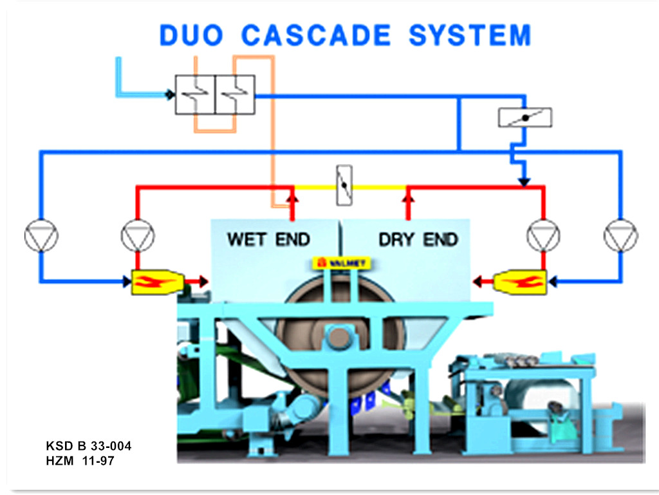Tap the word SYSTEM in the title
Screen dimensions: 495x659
470,35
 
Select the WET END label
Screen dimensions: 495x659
268,240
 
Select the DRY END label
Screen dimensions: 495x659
418,240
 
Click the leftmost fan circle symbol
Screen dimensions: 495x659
41,236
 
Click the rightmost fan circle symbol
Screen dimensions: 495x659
620,236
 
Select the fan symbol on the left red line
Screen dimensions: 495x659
137,236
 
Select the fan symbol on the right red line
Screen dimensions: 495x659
543,236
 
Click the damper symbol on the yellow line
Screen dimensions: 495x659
344,186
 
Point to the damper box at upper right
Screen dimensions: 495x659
525,117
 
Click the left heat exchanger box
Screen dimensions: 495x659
195,95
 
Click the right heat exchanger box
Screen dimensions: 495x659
235,95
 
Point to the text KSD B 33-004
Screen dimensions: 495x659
89,446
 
